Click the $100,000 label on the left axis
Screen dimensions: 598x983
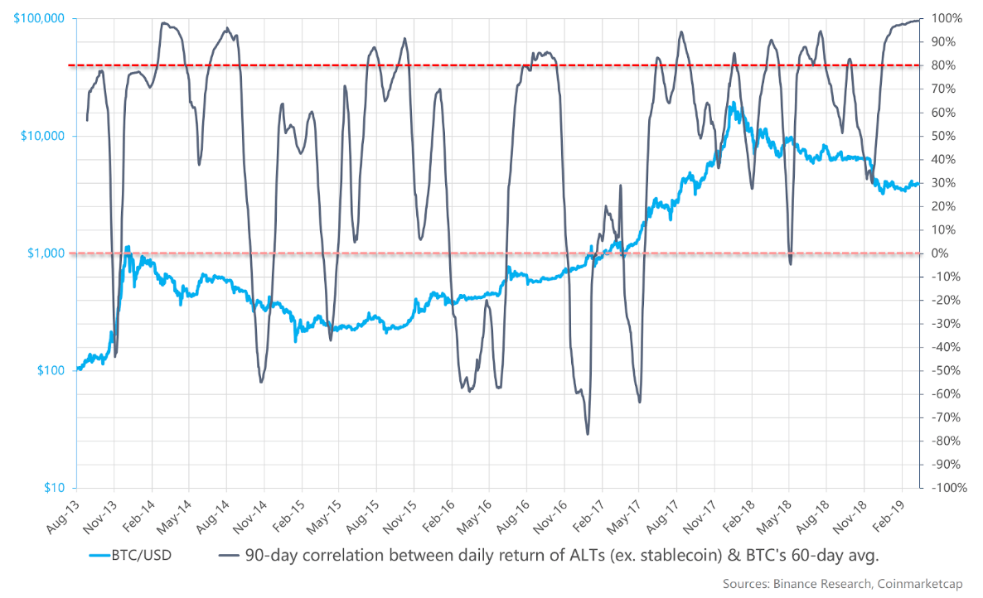click(40, 18)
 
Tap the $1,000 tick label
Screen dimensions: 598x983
click(46, 253)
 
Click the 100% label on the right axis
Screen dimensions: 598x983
click(945, 18)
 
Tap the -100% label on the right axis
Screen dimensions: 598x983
click(947, 488)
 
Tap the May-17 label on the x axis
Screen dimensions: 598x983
click(626, 515)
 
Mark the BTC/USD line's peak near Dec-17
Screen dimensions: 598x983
click(733, 103)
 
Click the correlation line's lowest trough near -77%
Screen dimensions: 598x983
click(588, 433)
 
